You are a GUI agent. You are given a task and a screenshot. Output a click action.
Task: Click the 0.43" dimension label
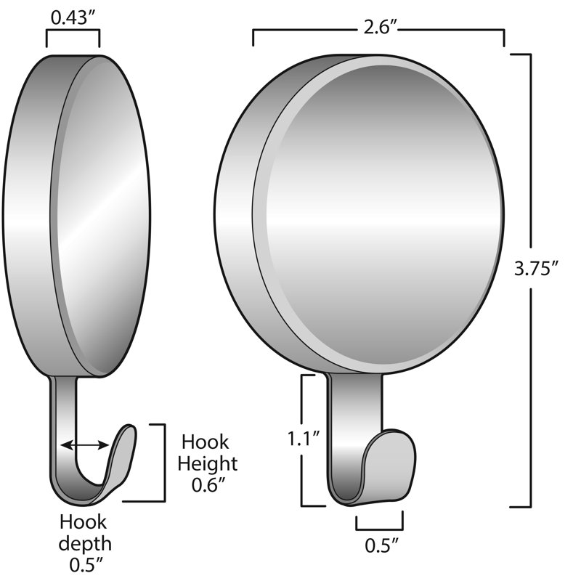(73, 17)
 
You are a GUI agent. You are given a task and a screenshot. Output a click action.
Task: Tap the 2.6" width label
(380, 27)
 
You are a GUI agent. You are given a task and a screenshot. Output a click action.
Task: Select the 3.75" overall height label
(536, 268)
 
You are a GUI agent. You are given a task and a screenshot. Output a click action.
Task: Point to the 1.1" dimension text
(304, 439)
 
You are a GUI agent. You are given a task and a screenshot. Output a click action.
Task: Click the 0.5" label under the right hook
(381, 545)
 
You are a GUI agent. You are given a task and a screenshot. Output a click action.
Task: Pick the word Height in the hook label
(208, 464)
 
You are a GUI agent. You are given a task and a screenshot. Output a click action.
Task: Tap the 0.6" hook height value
(208, 484)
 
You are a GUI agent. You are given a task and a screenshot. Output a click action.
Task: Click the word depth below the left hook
(85, 544)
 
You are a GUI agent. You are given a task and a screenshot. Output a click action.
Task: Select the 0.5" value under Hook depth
(86, 565)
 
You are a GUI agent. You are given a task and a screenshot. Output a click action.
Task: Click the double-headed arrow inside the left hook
(85, 444)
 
